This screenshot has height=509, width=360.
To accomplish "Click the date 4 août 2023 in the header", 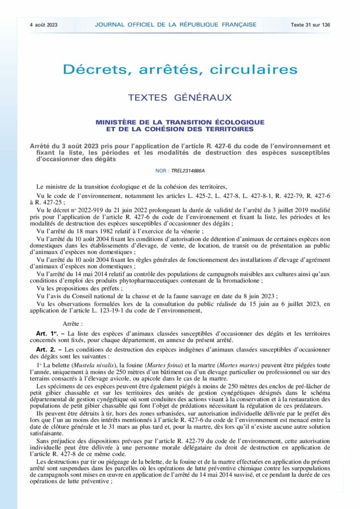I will (x=43, y=24).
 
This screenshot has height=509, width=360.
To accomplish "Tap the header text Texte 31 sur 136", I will (x=311, y=24).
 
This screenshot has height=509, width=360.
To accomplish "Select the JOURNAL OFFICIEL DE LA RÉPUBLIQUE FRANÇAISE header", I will (x=176, y=24).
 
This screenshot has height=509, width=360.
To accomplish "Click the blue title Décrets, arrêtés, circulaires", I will (x=180, y=70).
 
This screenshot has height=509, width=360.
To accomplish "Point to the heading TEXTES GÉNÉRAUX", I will (x=180, y=98).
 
